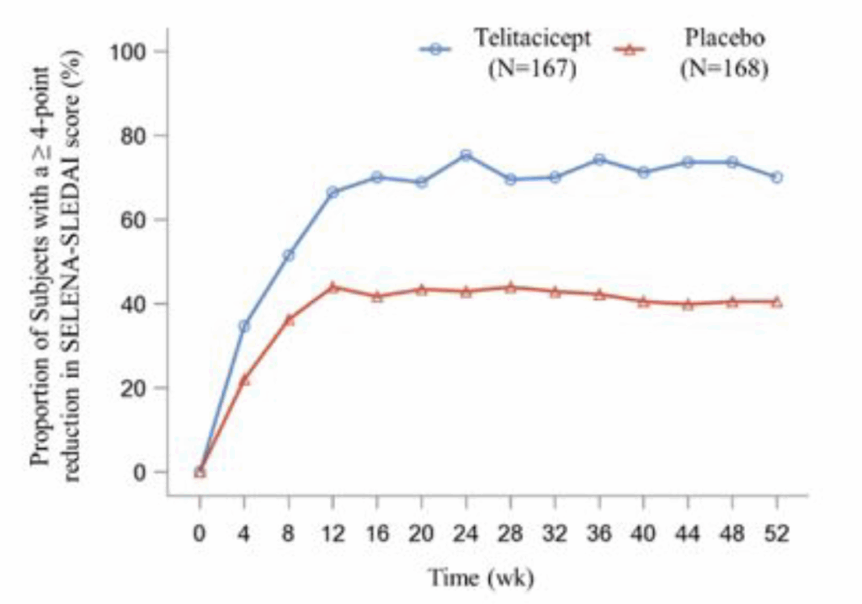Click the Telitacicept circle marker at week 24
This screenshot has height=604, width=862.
(466, 155)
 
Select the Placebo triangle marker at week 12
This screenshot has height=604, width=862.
(333, 287)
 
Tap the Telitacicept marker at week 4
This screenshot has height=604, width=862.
(244, 326)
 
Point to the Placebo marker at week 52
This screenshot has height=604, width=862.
(776, 302)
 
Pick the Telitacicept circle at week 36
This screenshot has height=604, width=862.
(599, 159)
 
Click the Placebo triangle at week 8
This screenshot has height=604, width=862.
(289, 319)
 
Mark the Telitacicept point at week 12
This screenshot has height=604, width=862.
(333, 192)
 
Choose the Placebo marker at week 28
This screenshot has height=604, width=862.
(510, 287)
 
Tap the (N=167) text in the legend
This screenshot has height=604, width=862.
(532, 70)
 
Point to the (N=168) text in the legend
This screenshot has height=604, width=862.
(724, 70)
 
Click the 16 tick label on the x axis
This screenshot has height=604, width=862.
(377, 535)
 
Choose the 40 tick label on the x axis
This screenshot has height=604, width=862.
(643, 535)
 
